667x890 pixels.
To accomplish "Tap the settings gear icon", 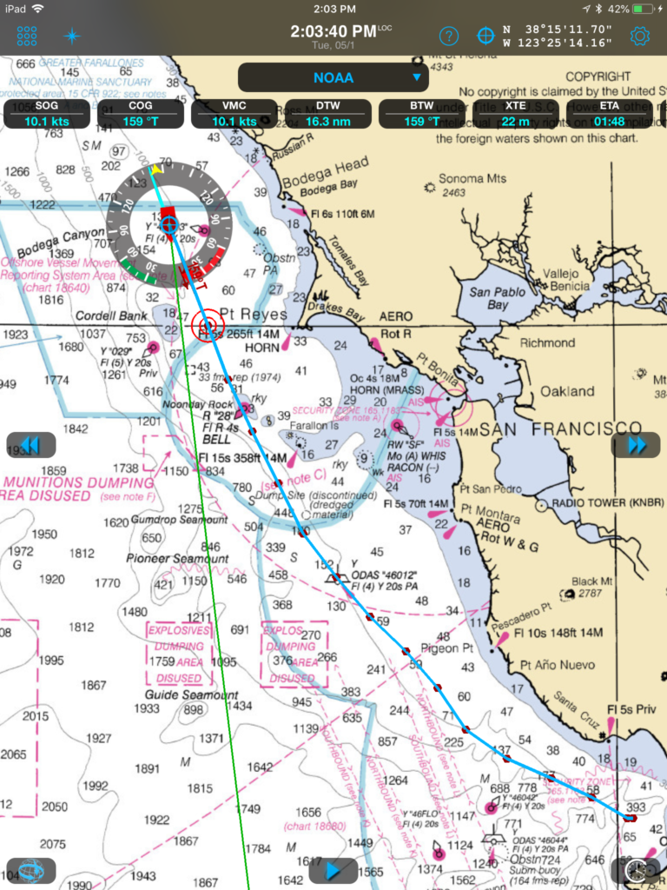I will coord(640,36).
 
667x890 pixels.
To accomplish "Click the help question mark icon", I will coord(448,36).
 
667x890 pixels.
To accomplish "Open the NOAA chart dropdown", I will coord(333,77).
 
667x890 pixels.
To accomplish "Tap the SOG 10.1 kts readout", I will coord(47,114).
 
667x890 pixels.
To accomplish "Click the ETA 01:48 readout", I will coord(610,114).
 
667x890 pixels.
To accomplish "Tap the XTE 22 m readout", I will coord(516,114).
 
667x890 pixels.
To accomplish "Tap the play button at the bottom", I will coord(333,870).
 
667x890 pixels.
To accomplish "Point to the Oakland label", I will coord(568,391).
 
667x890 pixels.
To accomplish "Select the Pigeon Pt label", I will coord(446,648).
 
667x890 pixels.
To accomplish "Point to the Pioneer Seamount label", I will coord(177,558).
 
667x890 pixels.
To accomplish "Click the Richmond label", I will coord(547,342).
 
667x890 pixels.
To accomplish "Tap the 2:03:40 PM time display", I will coord(333,32).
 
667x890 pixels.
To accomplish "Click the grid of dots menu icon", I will coord(27,36).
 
